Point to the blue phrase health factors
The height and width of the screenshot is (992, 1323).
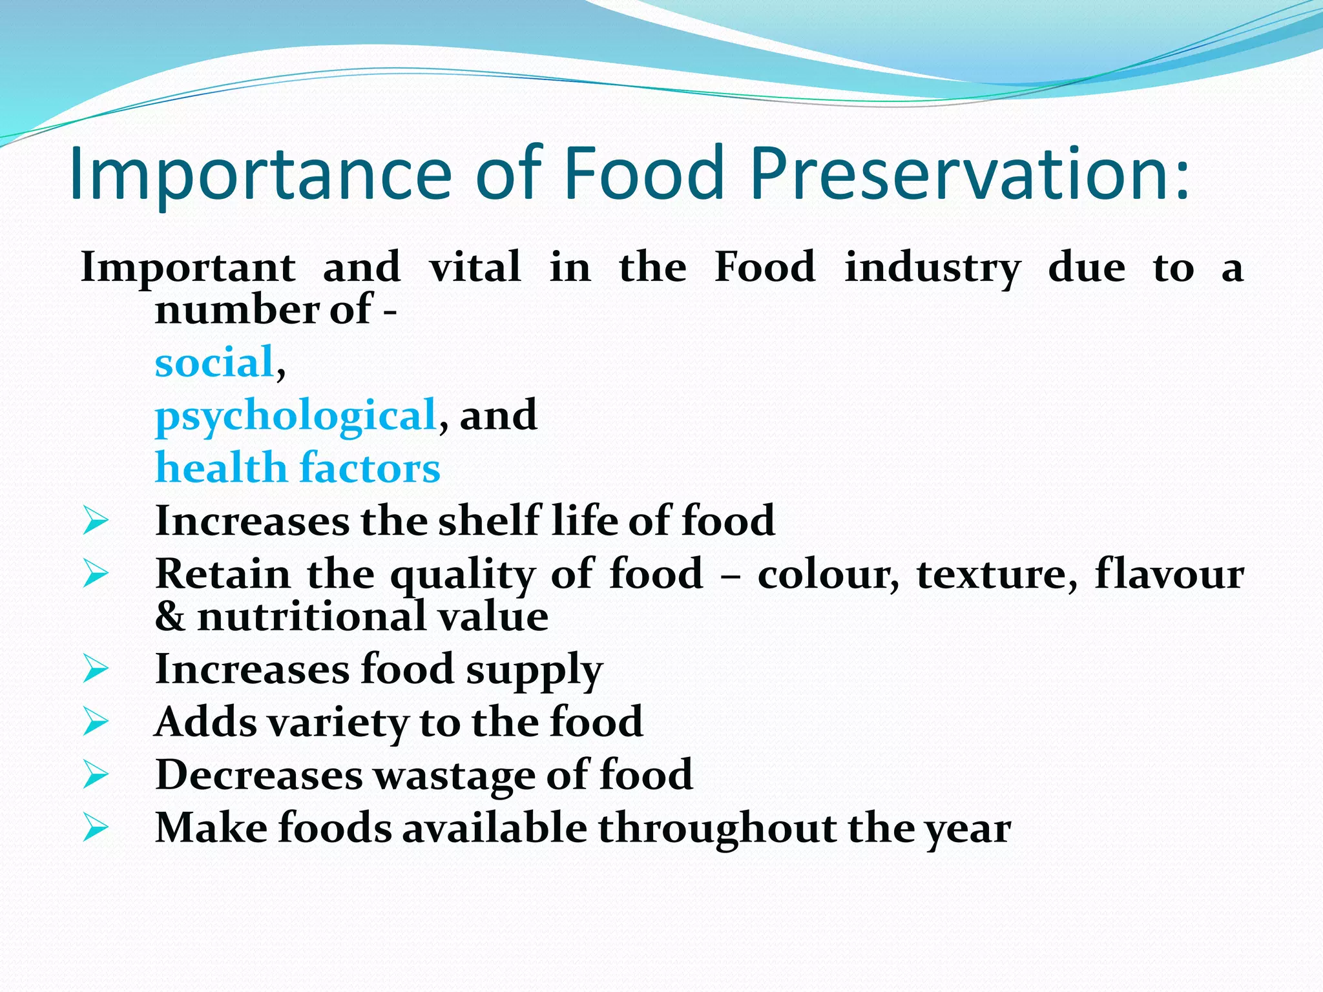click(x=298, y=468)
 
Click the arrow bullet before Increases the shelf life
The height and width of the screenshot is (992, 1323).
click(x=96, y=521)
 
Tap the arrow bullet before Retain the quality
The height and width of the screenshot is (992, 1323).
click(x=96, y=573)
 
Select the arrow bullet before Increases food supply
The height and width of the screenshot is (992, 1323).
click(x=96, y=669)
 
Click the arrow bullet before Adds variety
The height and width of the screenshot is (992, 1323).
click(x=96, y=721)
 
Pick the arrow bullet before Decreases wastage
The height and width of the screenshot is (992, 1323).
click(x=96, y=774)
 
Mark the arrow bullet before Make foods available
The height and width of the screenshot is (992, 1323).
click(x=96, y=827)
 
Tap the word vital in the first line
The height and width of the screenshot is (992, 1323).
click(x=475, y=267)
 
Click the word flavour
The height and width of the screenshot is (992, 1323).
click(x=1169, y=573)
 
